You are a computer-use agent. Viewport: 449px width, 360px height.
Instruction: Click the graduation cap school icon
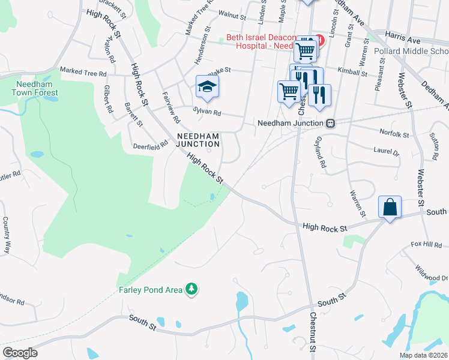click(x=206, y=86)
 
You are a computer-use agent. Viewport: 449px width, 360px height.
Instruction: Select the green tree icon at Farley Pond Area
click(x=191, y=290)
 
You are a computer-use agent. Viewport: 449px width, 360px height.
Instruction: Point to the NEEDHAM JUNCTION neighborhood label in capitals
click(x=197, y=140)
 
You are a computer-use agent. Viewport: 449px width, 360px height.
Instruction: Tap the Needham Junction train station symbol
click(x=330, y=123)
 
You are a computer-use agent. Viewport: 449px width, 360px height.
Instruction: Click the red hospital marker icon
click(x=320, y=40)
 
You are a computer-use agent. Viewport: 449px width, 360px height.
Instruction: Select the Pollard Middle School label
click(x=411, y=52)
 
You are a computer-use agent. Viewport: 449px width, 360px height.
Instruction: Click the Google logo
click(x=20, y=353)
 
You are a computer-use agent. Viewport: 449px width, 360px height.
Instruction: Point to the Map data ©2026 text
click(x=423, y=355)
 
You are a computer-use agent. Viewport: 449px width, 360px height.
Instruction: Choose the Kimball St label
click(x=352, y=73)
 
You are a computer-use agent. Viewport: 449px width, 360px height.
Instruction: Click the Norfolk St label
click(x=394, y=132)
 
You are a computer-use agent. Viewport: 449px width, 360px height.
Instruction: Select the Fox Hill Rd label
click(x=426, y=245)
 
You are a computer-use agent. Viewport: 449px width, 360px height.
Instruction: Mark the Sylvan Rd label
click(x=207, y=112)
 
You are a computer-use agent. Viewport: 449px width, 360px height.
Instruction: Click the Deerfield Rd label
click(x=151, y=145)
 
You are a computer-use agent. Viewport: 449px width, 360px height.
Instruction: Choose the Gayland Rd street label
click(x=320, y=154)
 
